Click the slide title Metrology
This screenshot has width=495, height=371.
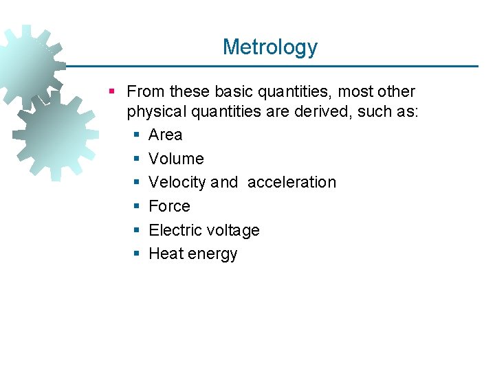269,47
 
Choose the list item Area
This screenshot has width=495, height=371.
166,135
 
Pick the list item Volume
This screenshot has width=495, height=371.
176,159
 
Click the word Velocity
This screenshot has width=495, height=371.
177,182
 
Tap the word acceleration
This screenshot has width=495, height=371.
291,182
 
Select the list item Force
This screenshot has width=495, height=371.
169,206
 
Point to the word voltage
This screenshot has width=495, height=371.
234,230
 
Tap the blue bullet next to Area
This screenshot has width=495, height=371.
136,135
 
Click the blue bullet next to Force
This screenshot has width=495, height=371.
136,206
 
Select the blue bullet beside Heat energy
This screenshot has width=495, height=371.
136,254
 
